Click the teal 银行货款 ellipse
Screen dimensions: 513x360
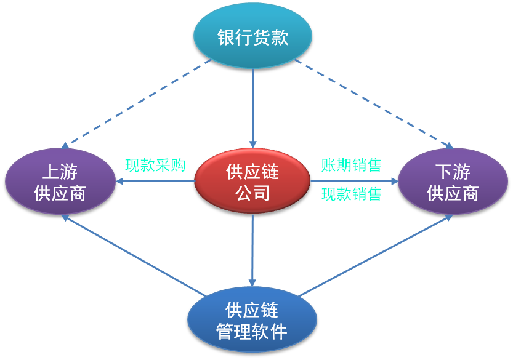tap(252, 35)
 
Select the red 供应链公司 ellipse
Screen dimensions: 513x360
tap(252, 181)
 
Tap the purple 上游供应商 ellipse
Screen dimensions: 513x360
tap(60, 181)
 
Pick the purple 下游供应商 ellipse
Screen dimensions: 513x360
tap(453, 181)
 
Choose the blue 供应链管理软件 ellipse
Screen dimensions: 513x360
tap(252, 319)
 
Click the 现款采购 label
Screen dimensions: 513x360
tap(155, 165)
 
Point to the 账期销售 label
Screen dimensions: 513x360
tap(352, 165)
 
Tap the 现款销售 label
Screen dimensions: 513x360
tap(352, 194)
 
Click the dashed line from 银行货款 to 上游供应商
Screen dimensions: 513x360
tap(137, 102)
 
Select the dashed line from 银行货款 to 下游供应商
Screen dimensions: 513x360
tap(374, 103)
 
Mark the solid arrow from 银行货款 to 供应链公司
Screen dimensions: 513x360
tap(252, 108)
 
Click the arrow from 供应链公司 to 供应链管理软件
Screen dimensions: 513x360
tap(252, 250)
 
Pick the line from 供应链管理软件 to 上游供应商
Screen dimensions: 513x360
tap(134, 255)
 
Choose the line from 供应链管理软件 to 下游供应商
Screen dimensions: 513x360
tap(376, 255)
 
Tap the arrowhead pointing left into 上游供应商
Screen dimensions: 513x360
tap(119, 181)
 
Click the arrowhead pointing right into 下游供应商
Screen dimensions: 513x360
tap(395, 181)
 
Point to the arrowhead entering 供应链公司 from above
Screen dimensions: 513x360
tap(252, 145)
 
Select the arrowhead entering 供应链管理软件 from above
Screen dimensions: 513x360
tap(252, 283)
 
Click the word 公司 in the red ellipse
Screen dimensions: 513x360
tap(252, 193)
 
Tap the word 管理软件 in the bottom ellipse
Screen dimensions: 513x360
tap(252, 331)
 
